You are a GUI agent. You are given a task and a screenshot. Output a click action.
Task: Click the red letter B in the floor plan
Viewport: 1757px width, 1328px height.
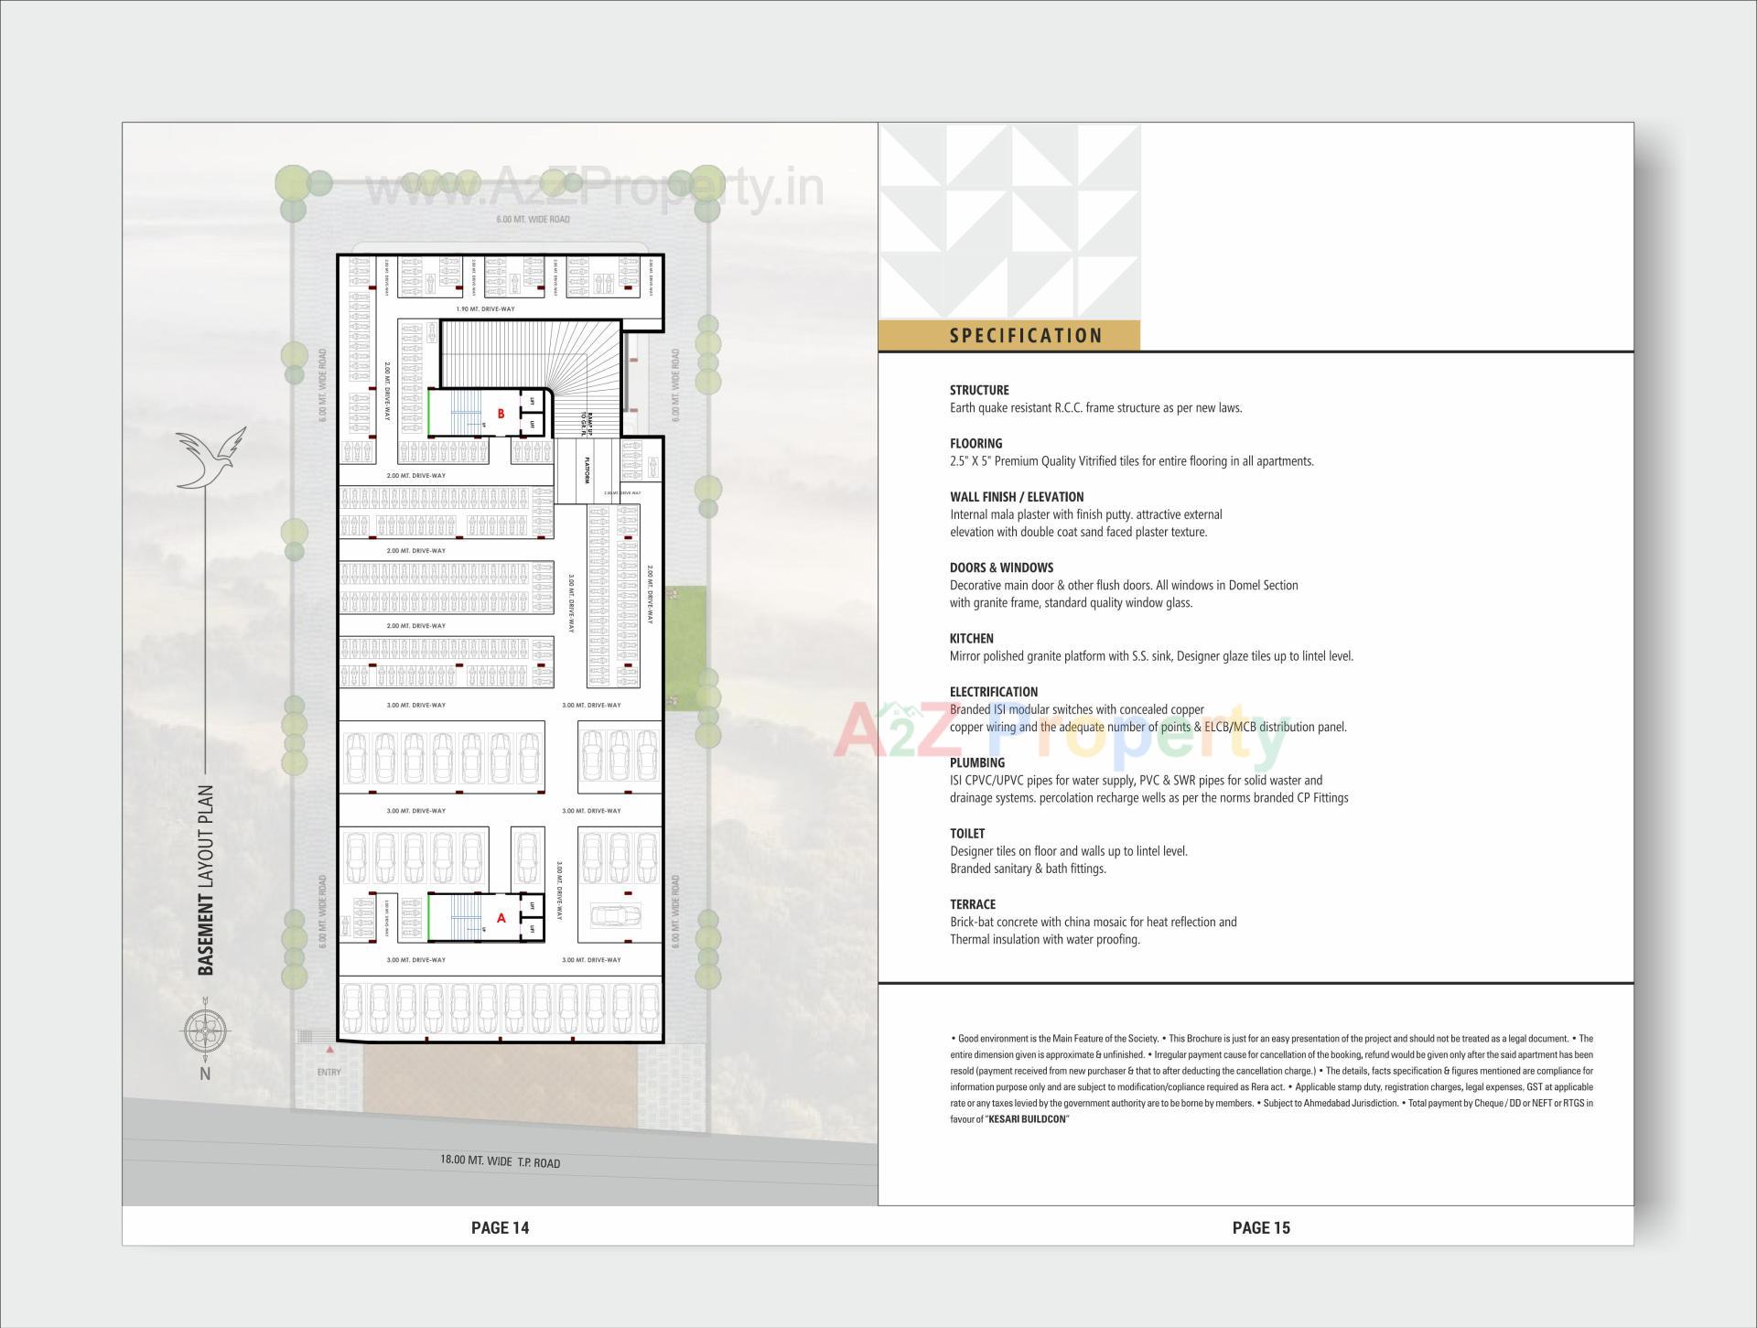tap(501, 414)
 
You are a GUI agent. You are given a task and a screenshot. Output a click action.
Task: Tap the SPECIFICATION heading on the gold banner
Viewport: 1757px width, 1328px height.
tap(1026, 336)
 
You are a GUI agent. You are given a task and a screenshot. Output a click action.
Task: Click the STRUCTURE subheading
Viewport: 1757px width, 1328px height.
tap(979, 390)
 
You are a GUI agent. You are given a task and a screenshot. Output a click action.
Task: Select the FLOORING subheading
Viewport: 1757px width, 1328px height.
tap(976, 443)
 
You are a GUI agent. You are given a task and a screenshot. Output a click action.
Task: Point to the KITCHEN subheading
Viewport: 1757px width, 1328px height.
tap(971, 639)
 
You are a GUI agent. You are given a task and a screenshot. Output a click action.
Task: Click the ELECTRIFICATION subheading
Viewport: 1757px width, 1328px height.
tap(993, 692)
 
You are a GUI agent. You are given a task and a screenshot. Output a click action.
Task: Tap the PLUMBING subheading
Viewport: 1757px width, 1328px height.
tap(976, 762)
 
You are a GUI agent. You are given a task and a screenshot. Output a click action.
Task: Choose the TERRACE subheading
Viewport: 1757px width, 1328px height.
tap(973, 904)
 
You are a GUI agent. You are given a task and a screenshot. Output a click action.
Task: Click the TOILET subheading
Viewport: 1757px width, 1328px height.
tap(967, 834)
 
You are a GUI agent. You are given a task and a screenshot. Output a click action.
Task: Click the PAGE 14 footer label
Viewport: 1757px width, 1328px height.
tap(500, 1228)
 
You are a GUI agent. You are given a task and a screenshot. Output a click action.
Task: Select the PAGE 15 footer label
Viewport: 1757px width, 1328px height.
tap(1260, 1228)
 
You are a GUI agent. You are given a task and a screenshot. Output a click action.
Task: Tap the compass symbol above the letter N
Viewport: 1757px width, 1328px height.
tap(204, 1031)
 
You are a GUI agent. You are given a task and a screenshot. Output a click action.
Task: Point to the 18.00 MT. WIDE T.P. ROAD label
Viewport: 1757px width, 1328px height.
tap(500, 1161)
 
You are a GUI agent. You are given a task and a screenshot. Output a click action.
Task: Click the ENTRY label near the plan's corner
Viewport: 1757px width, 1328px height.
tap(329, 1072)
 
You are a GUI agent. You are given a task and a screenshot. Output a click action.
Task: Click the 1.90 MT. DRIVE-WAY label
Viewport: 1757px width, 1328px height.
tap(485, 309)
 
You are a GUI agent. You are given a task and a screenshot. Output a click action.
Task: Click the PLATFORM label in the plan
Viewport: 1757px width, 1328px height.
tap(587, 470)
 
